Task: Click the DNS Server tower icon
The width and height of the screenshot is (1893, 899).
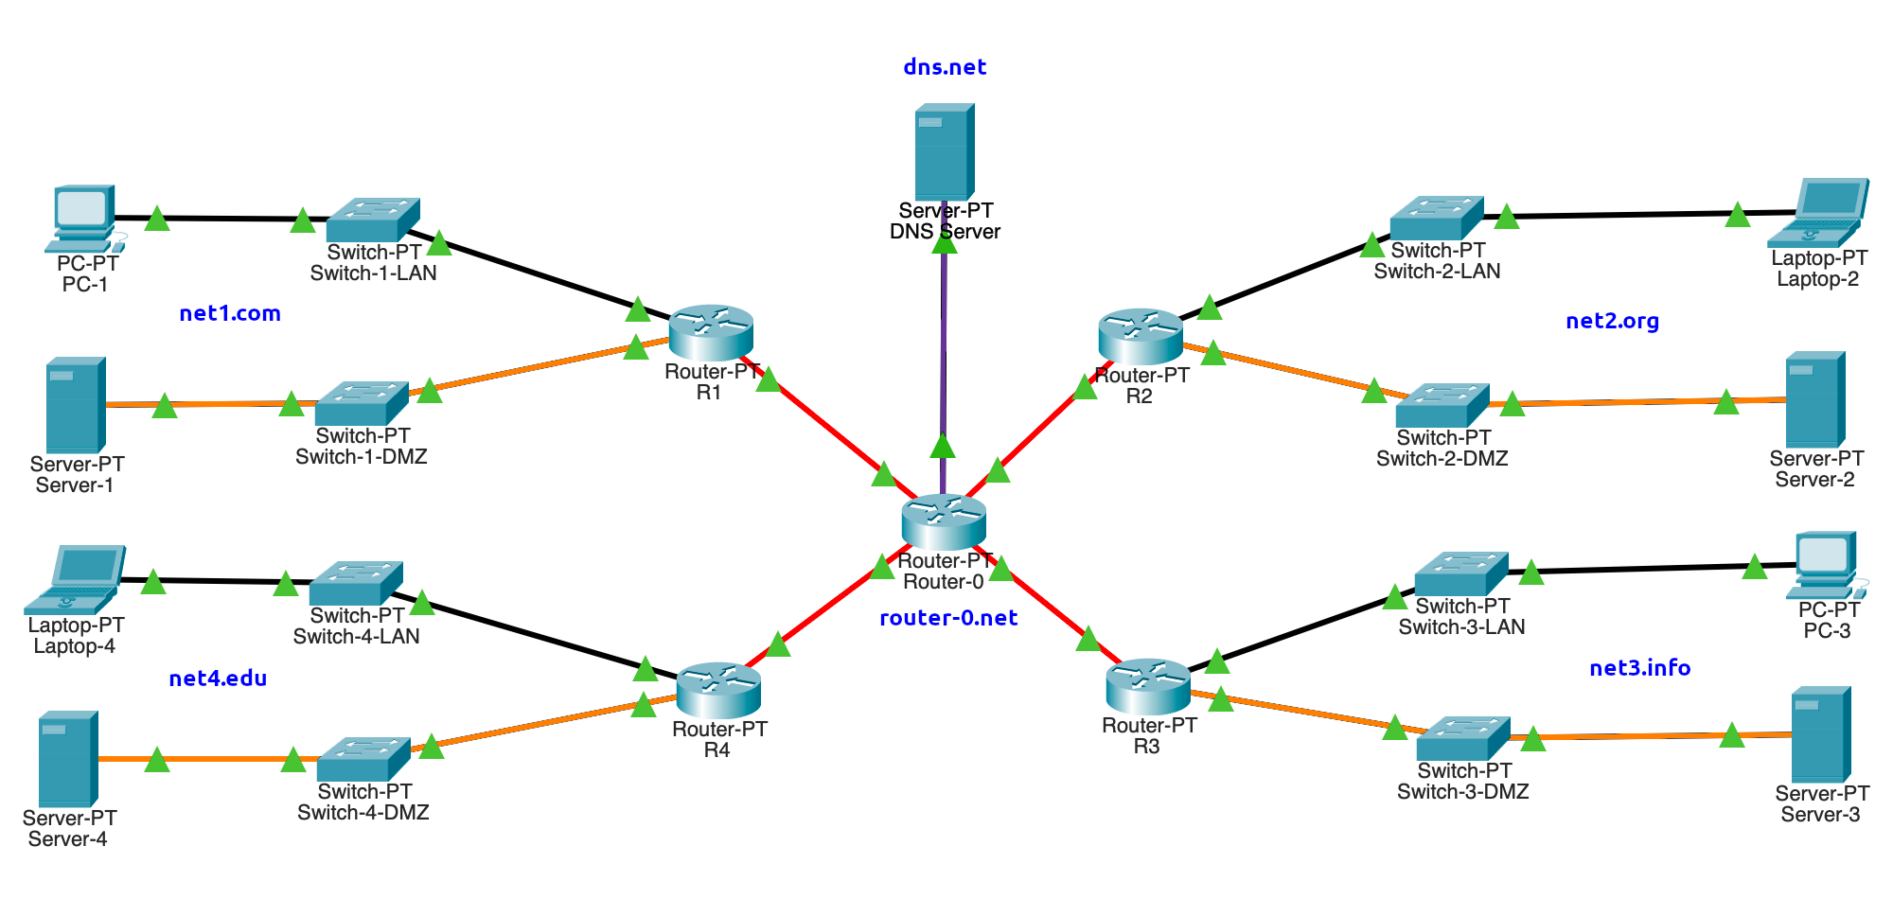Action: point(945,151)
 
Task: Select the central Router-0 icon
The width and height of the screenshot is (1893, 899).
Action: point(944,521)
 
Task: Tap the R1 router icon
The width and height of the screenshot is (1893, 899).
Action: point(711,332)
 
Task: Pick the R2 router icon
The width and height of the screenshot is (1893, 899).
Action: point(1141,336)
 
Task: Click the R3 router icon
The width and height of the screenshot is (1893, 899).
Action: point(1148,686)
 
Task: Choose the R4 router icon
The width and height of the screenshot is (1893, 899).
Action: point(718,690)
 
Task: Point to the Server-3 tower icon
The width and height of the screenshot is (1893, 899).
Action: point(1821,735)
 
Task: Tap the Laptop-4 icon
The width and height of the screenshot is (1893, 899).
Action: point(75,579)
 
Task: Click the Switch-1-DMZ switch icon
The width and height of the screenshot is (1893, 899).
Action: point(362,404)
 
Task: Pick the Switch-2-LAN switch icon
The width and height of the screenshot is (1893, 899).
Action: point(1437,219)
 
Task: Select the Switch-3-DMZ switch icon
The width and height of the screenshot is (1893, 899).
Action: point(1463,739)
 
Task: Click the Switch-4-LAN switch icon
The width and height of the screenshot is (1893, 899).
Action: point(356,584)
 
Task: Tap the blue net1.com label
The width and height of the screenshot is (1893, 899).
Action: point(230,313)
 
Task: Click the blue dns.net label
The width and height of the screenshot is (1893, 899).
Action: point(945,67)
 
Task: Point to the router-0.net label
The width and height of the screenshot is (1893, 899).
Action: point(948,618)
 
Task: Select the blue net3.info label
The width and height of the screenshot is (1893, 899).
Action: point(1639,668)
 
